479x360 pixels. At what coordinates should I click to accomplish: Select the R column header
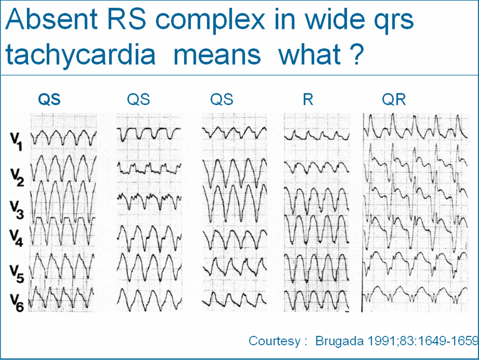pyautogui.click(x=307, y=100)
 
